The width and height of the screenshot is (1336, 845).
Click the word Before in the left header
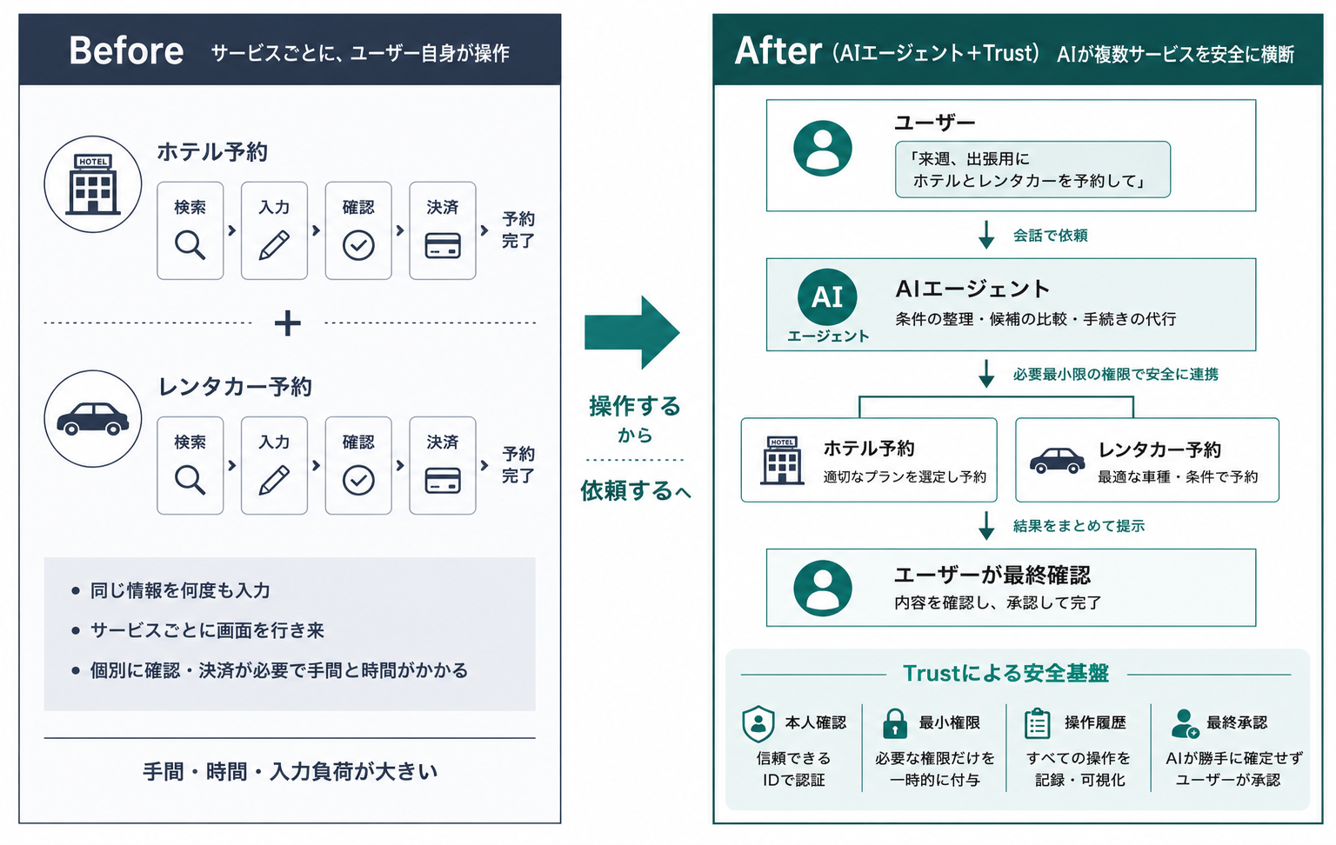pyautogui.click(x=126, y=50)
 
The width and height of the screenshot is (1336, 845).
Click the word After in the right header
pyautogui.click(x=778, y=50)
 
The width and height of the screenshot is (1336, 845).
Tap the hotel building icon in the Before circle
pyautogui.click(x=93, y=184)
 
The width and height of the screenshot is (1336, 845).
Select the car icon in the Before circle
pyautogui.click(x=92, y=418)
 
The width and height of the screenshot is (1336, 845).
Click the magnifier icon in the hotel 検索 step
pyautogui.click(x=190, y=245)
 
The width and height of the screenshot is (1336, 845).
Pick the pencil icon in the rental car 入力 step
pyautogui.click(x=274, y=480)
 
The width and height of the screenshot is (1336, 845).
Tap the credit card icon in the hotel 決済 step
pyautogui.click(x=443, y=245)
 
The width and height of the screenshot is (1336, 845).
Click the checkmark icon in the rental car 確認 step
pyautogui.click(x=358, y=480)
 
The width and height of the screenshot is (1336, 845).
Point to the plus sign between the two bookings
pyautogui.click(x=288, y=323)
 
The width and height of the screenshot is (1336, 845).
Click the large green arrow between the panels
pyautogui.click(x=631, y=332)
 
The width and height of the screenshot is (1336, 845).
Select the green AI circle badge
pyautogui.click(x=826, y=296)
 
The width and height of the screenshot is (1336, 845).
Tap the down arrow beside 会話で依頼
pyautogui.click(x=986, y=235)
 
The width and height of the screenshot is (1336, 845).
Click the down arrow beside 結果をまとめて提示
pyautogui.click(x=986, y=526)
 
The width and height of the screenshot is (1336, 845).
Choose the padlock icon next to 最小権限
pyautogui.click(x=895, y=723)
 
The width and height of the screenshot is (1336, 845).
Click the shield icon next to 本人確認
pyautogui.click(x=758, y=723)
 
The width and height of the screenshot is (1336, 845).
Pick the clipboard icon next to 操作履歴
pyautogui.click(x=1037, y=723)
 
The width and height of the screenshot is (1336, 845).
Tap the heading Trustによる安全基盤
pyautogui.click(x=1005, y=674)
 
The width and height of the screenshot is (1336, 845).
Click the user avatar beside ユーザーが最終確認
pyautogui.click(x=823, y=589)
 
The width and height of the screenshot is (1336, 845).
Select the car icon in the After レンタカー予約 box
pyautogui.click(x=1057, y=461)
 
